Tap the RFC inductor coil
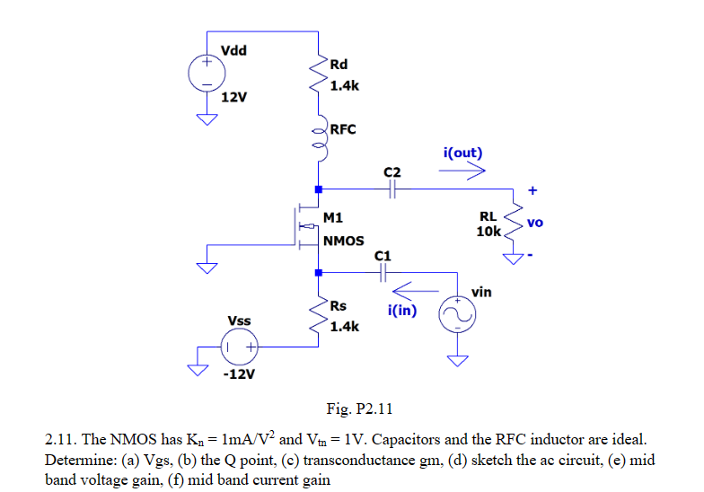tap(319, 139)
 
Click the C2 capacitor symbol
tap(392, 189)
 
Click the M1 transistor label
tap(332, 217)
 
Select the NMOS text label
tap(343, 241)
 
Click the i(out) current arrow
tap(464, 171)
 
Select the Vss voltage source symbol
tap(241, 347)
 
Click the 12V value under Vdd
tap(233, 97)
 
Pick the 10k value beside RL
tap(488, 231)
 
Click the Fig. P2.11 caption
tap(360, 409)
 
